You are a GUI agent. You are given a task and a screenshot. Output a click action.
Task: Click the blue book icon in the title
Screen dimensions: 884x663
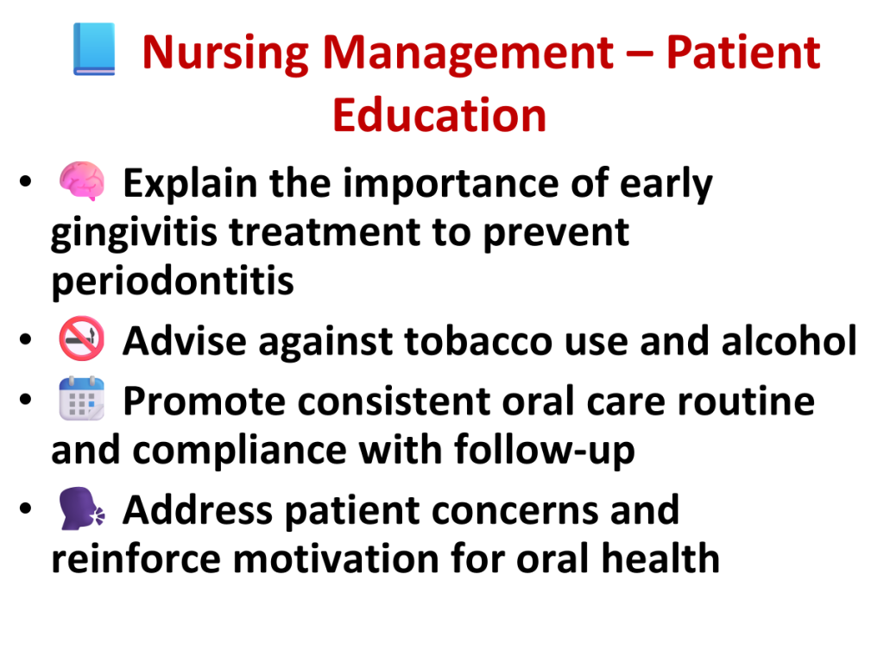[x=94, y=49]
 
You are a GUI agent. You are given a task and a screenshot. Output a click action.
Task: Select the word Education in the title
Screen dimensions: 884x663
[x=439, y=116]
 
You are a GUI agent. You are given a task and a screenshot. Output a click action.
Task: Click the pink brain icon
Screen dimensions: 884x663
[x=82, y=181]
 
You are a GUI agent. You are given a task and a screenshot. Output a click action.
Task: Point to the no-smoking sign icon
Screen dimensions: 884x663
[x=82, y=338]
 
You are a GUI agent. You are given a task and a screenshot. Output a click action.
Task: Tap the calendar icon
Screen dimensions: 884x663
[x=82, y=399]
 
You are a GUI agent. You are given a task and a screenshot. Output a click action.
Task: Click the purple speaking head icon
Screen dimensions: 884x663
[x=82, y=508]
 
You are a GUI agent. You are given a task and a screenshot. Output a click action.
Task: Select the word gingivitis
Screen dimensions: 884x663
[x=134, y=233]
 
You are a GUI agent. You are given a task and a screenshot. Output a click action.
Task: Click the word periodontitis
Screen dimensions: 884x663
[x=173, y=281]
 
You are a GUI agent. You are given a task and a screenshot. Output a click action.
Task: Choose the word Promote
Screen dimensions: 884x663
[x=204, y=401]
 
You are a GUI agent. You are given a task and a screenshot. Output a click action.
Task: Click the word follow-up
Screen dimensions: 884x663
[x=545, y=451]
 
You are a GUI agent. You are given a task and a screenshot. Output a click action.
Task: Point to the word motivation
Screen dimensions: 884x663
[x=336, y=559]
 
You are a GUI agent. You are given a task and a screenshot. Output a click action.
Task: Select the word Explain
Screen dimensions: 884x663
[x=191, y=184]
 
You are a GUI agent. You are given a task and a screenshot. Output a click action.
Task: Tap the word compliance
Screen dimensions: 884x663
[x=240, y=451]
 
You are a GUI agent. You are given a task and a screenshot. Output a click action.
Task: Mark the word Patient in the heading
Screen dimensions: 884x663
[x=743, y=53]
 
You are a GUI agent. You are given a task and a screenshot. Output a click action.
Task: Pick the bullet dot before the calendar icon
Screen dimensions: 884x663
[x=25, y=399]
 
